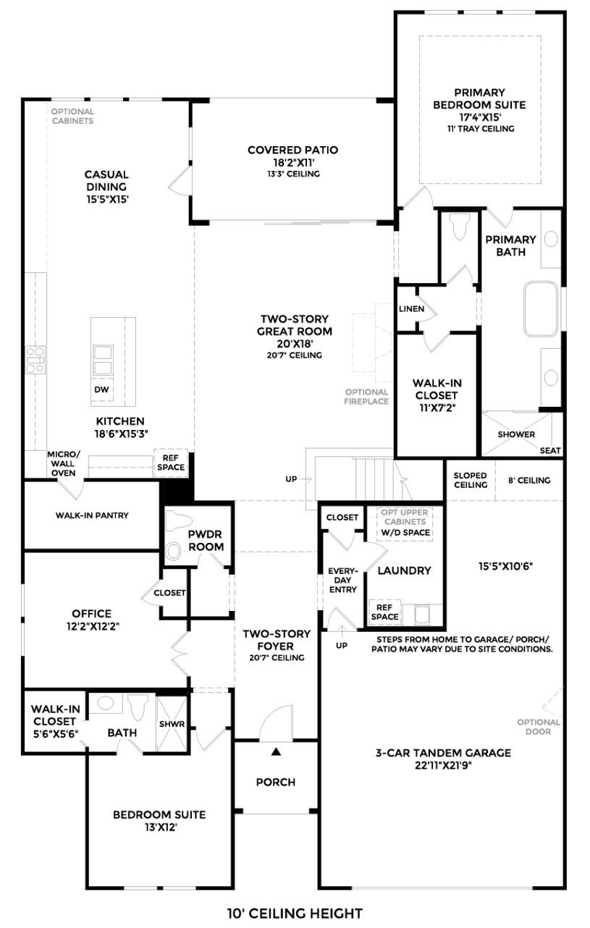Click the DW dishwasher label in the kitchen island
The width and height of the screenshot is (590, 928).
(101, 389)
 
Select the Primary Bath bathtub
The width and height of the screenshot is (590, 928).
(542, 309)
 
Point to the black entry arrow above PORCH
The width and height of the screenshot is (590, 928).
(275, 752)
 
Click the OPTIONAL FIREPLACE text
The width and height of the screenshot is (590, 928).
(366, 397)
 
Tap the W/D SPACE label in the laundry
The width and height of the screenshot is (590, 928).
(405, 533)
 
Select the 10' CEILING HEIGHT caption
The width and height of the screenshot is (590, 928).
(295, 914)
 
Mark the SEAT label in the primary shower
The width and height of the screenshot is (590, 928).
(550, 450)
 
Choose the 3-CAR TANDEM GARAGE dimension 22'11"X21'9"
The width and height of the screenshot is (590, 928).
(442, 766)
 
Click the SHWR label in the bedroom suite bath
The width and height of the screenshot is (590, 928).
(172, 724)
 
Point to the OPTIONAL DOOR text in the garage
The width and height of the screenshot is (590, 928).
(539, 726)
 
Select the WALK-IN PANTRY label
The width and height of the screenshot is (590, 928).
(92, 515)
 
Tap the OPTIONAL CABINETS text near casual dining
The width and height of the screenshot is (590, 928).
(72, 116)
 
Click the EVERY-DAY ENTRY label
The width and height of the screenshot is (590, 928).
(343, 580)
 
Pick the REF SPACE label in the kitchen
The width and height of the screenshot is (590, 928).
(171, 462)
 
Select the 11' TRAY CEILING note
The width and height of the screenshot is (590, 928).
(479, 129)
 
